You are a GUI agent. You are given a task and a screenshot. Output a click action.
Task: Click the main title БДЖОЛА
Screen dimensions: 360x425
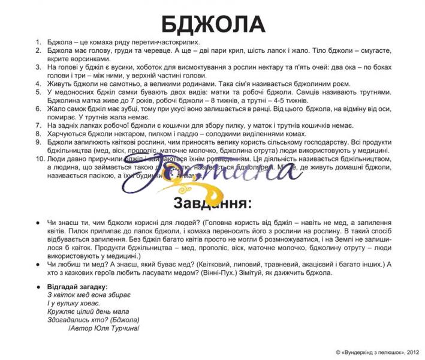213,24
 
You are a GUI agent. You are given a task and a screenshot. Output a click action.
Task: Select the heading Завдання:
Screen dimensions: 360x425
212,203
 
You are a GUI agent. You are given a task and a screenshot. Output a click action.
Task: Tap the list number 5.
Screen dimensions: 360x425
38,92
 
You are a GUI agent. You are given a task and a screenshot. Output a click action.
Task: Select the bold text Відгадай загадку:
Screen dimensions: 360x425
77,287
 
